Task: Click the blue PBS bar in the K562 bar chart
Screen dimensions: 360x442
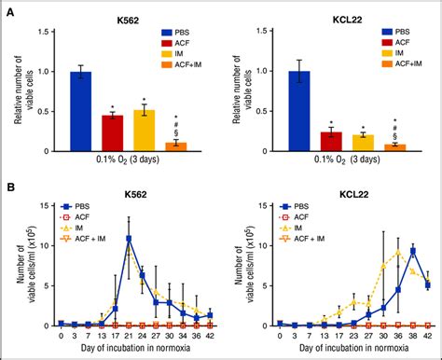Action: pyautogui.click(x=81, y=111)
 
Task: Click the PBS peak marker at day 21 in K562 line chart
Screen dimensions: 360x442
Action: pyautogui.click(x=129, y=239)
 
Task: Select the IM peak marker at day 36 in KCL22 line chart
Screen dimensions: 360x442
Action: pyautogui.click(x=400, y=252)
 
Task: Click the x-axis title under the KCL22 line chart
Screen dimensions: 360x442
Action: pyautogui.click(x=354, y=350)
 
